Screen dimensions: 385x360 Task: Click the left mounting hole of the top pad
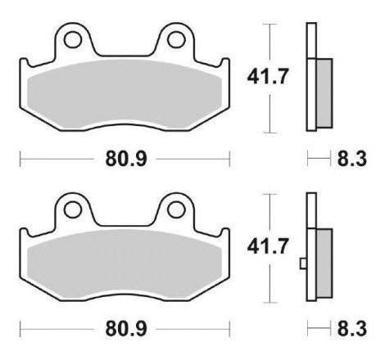pyautogui.click(x=73, y=40)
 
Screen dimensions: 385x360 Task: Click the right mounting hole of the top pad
pyautogui.click(x=177, y=40)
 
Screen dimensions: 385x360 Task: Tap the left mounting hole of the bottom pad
pyautogui.click(x=73, y=209)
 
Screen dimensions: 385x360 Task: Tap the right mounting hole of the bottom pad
pyautogui.click(x=177, y=209)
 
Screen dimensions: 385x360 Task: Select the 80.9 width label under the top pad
pyautogui.click(x=126, y=159)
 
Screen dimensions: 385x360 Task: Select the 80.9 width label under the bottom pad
pyautogui.click(x=126, y=329)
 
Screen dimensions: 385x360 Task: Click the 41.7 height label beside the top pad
pyautogui.click(x=268, y=77)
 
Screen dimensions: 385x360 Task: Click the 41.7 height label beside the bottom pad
pyautogui.click(x=268, y=246)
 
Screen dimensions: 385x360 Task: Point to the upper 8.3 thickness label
pyautogui.click(x=352, y=159)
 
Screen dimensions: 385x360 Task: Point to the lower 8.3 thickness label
pyautogui.click(x=352, y=329)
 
